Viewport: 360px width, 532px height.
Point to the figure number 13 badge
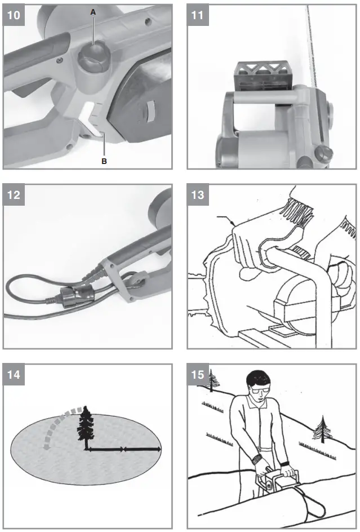[198, 196]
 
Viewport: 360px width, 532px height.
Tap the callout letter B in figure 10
[103, 161]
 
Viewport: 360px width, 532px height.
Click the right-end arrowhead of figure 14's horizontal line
[159, 449]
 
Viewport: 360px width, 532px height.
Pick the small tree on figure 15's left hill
[213, 379]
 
